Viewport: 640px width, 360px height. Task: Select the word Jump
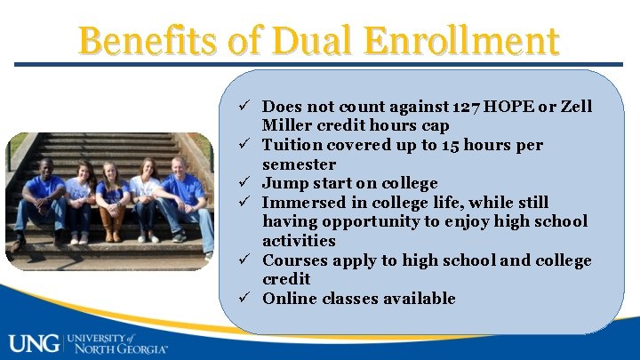(284, 183)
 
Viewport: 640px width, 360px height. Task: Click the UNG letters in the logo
(34, 341)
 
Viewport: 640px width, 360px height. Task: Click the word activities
(299, 241)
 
